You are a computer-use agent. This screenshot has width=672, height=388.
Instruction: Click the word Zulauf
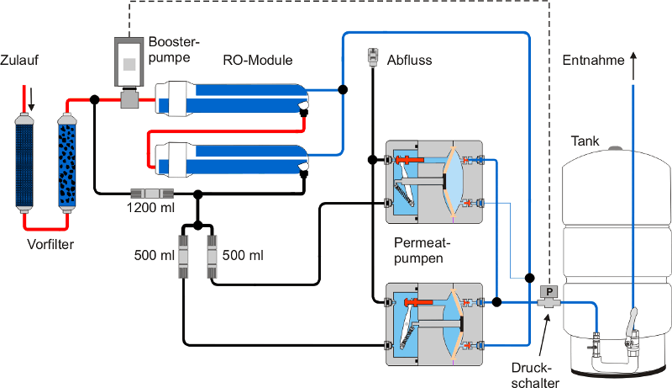(20, 60)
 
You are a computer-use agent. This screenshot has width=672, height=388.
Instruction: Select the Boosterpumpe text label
(174, 50)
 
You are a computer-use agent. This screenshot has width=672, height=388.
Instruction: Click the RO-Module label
(257, 60)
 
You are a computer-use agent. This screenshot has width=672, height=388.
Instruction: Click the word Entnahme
(593, 60)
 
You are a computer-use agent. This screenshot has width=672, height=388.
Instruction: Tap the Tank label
(585, 141)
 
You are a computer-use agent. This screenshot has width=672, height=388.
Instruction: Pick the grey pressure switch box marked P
(549, 293)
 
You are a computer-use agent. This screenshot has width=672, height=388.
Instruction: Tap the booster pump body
(129, 62)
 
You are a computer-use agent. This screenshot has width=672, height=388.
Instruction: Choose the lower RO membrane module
(231, 158)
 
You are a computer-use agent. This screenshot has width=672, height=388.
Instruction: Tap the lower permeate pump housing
(432, 324)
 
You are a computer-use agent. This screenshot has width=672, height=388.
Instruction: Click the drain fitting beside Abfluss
(372, 58)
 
